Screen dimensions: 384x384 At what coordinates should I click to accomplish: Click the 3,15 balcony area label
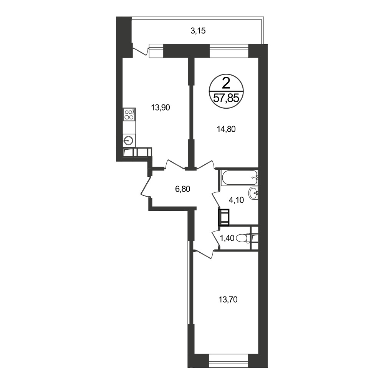198,31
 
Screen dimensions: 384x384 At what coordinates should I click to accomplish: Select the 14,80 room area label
226,129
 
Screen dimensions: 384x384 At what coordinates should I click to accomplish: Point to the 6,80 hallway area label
183,189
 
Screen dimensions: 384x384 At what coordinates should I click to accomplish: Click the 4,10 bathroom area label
236,200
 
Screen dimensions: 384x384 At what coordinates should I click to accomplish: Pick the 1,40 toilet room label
227,238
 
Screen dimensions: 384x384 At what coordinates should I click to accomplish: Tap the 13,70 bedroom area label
228,299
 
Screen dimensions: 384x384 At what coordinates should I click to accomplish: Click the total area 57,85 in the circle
226,98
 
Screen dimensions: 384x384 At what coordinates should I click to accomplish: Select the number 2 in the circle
226,83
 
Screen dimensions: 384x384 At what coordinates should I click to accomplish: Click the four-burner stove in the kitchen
129,114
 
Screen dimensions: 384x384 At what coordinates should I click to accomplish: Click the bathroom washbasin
253,193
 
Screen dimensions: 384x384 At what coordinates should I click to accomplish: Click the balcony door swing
140,52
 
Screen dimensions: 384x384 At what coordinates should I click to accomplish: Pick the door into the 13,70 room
203,254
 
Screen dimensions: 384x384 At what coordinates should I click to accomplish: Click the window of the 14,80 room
229,50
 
